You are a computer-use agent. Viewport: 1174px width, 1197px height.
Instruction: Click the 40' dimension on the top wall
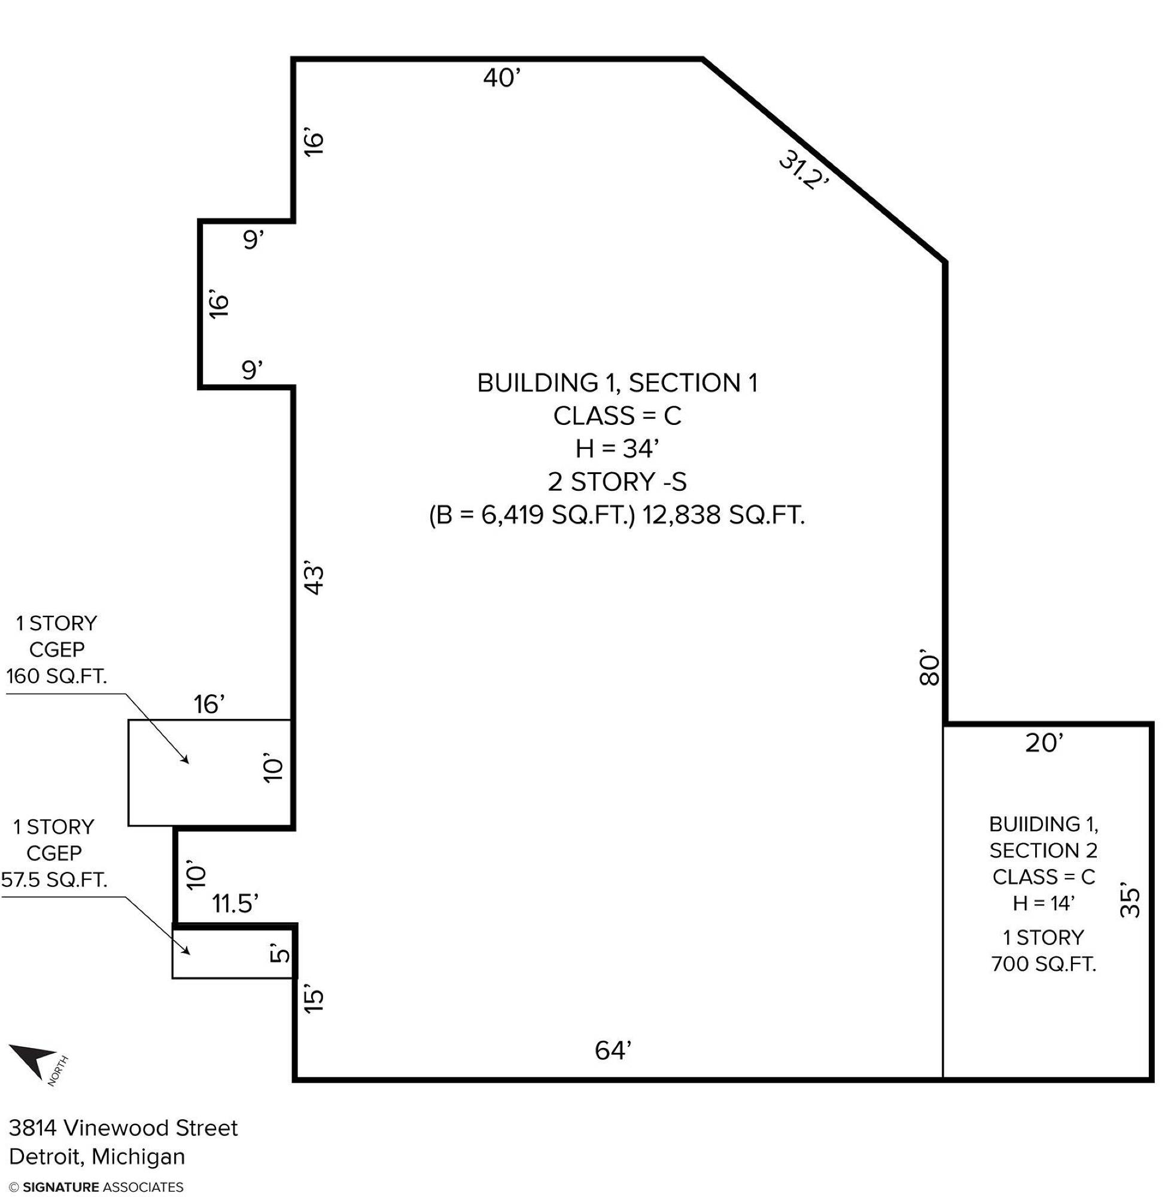tap(502, 78)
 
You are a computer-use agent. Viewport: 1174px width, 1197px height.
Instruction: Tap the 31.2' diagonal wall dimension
tap(804, 171)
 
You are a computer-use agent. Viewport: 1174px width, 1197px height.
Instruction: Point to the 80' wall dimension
tap(929, 668)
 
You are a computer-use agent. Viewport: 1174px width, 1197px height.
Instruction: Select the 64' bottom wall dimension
tap(613, 1050)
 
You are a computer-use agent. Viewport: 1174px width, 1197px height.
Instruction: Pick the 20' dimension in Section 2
tap(1045, 743)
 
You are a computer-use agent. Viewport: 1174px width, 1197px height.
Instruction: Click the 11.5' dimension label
tap(235, 904)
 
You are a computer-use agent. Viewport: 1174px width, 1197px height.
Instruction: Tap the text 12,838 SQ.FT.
tap(724, 514)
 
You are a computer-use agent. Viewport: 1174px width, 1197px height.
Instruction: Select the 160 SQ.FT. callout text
tap(57, 676)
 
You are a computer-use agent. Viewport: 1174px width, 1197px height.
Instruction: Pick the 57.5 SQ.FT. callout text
tap(54, 879)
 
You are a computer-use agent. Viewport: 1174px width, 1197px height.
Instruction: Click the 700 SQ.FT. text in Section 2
tap(1044, 963)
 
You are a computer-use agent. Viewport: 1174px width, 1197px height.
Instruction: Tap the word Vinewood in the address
tap(117, 1128)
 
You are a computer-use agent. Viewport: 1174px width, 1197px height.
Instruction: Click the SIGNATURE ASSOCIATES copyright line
tap(96, 1186)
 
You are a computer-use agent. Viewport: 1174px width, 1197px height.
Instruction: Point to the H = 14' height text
tap(1044, 903)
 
